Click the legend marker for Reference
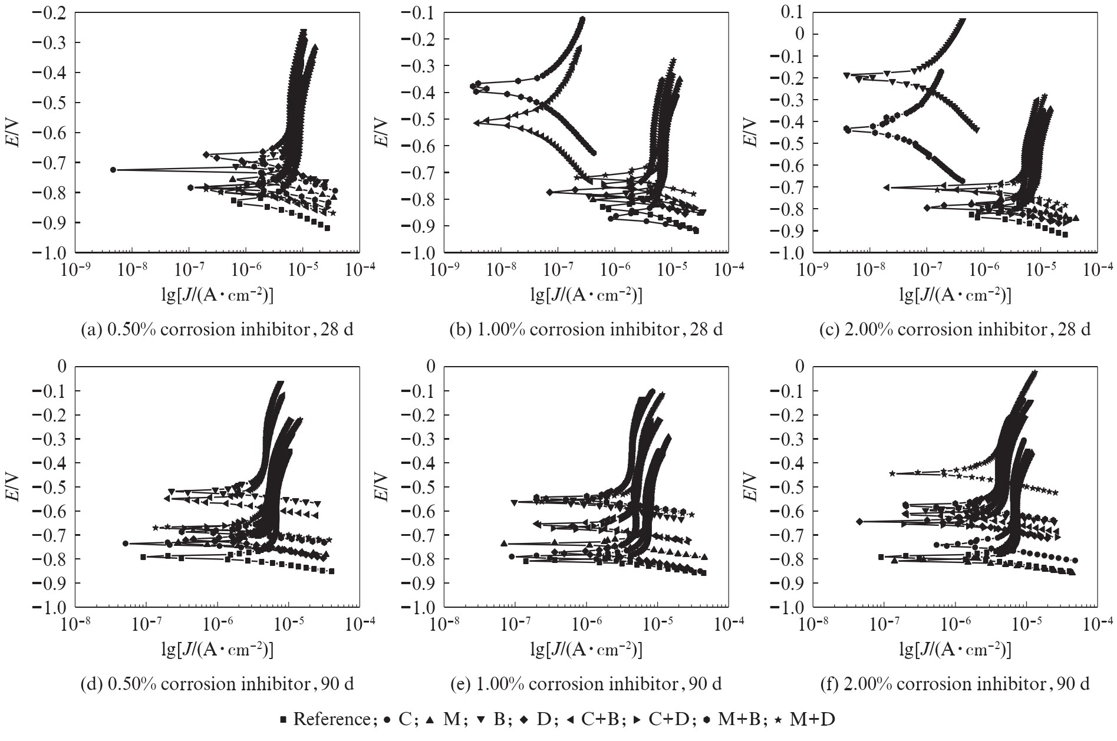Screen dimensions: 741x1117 pos(284,720)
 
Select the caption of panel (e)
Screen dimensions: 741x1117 pos(585,684)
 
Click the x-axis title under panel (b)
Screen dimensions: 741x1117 pos(586,295)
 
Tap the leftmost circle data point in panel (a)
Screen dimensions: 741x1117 pos(113,170)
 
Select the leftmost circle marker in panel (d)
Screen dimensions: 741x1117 pos(126,544)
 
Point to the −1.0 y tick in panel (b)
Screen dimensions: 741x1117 pos(420,252)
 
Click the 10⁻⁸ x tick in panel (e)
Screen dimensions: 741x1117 pos(444,624)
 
